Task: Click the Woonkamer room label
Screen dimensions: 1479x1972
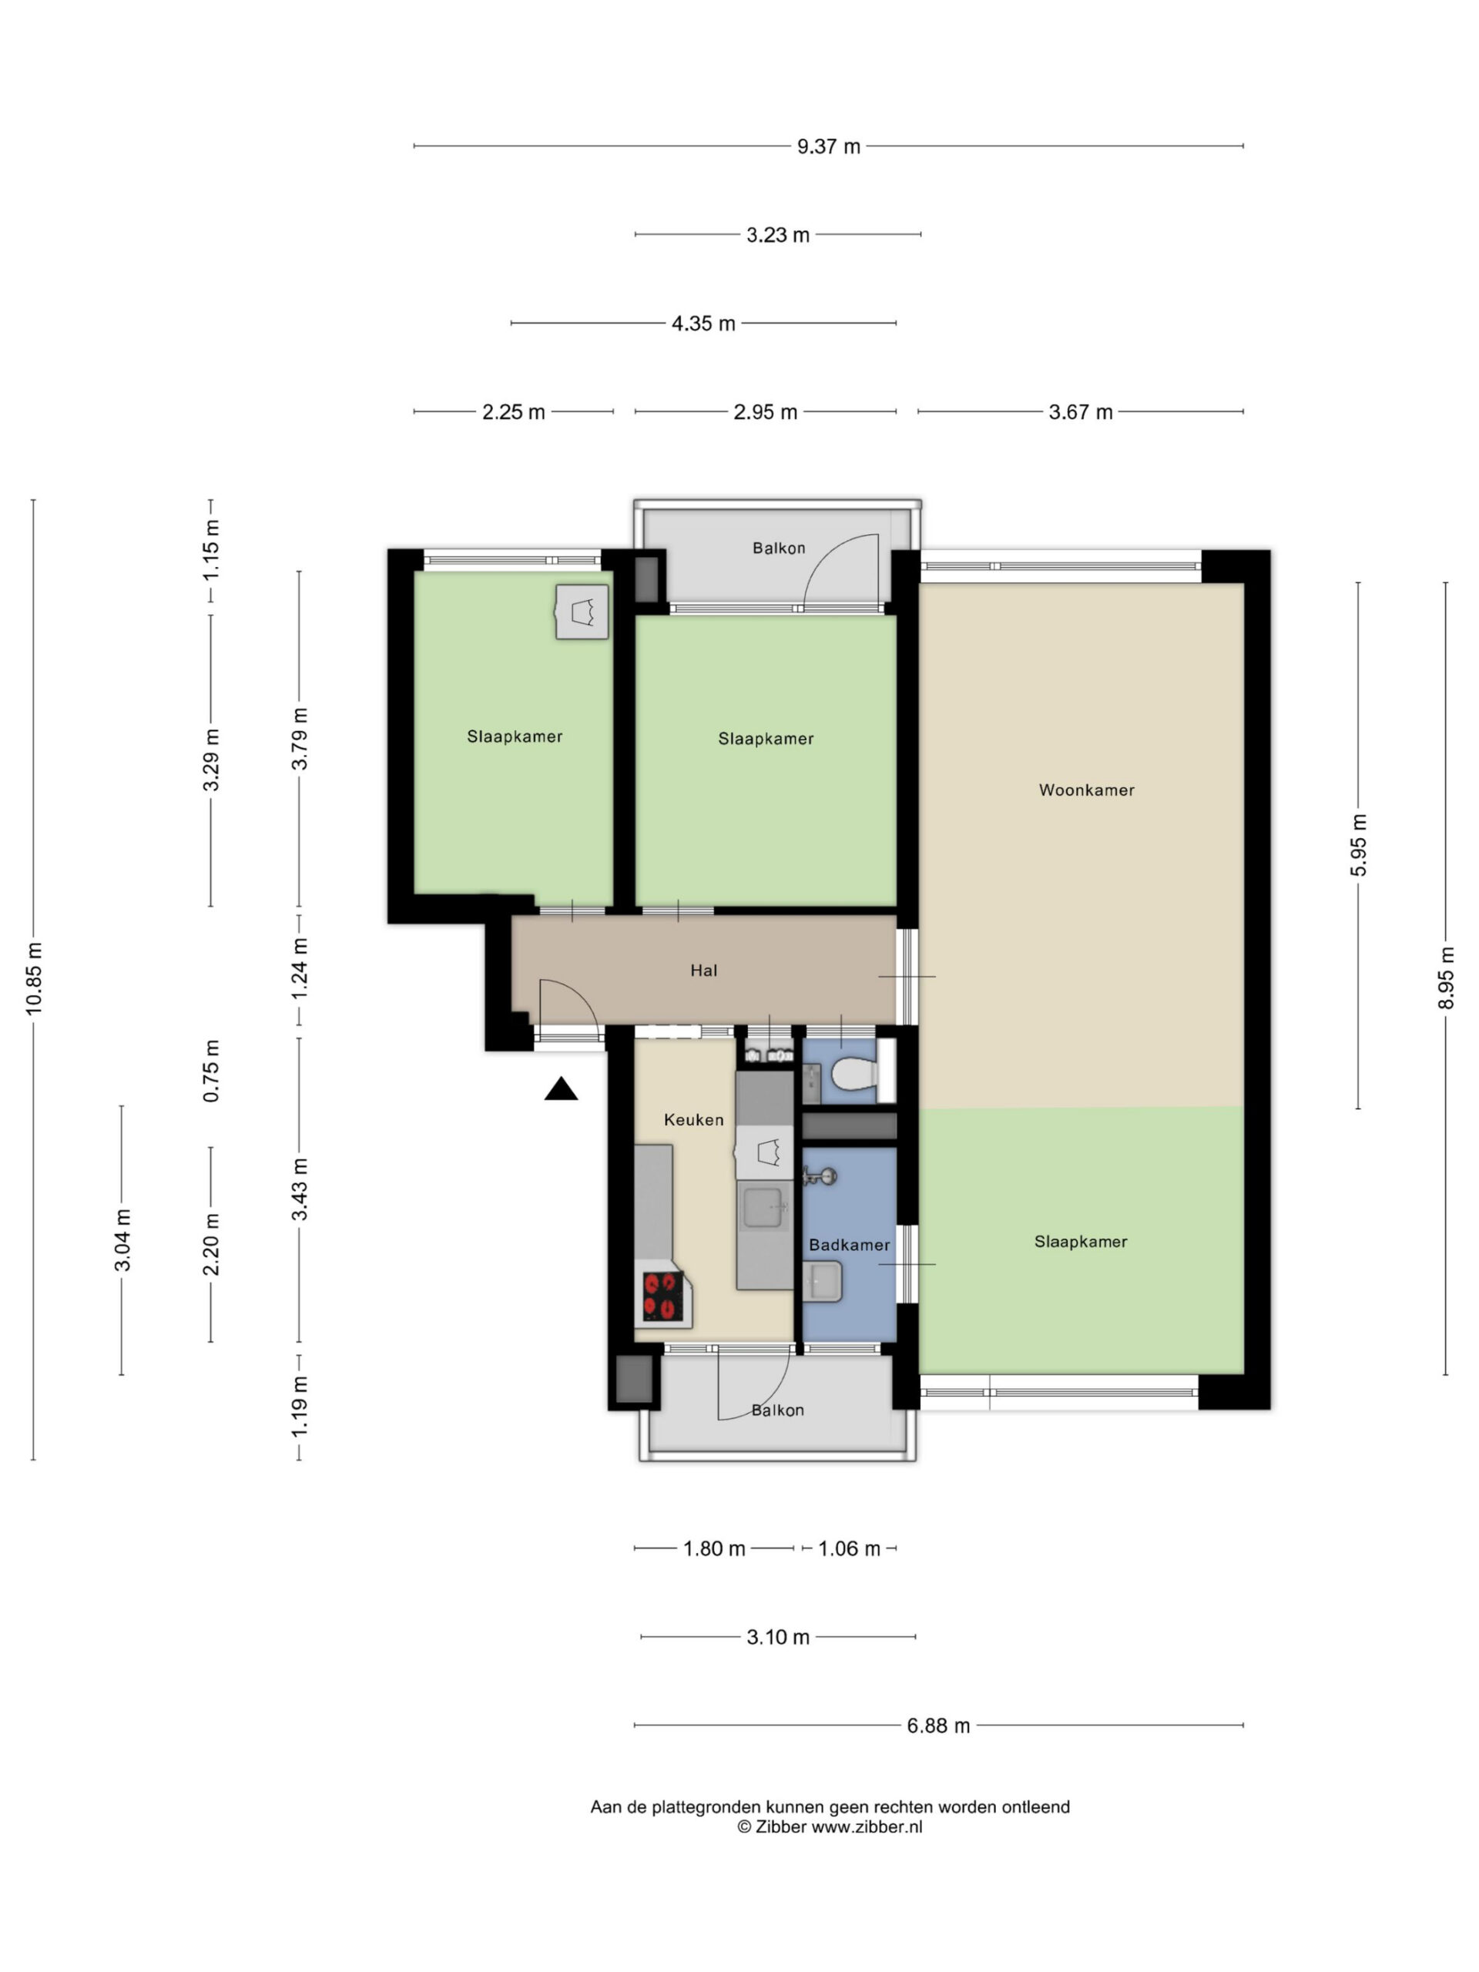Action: pyautogui.click(x=1086, y=790)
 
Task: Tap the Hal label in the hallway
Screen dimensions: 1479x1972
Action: pyautogui.click(x=703, y=970)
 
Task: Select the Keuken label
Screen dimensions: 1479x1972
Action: pyautogui.click(x=693, y=1120)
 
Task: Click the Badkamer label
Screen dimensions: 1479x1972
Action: pyautogui.click(x=849, y=1245)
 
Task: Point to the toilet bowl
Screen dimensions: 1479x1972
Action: pyautogui.click(x=854, y=1075)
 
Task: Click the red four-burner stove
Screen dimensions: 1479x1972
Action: pyautogui.click(x=663, y=1296)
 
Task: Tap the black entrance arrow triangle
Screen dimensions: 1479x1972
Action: pyautogui.click(x=561, y=1088)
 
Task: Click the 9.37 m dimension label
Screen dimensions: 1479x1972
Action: pyautogui.click(x=828, y=146)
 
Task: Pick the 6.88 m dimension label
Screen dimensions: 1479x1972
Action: pyautogui.click(x=938, y=1725)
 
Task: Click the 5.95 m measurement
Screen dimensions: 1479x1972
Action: pyautogui.click(x=1358, y=845)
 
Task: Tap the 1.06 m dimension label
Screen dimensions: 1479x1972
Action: pyautogui.click(x=849, y=1548)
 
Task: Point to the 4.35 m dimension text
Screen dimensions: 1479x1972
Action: pyautogui.click(x=703, y=324)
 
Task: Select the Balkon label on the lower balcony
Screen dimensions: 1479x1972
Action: pyautogui.click(x=777, y=1410)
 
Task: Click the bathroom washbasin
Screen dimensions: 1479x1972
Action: pyautogui.click(x=821, y=1281)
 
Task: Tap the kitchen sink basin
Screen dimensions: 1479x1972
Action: pyautogui.click(x=764, y=1208)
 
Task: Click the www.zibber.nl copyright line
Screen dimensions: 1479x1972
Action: pyautogui.click(x=829, y=1826)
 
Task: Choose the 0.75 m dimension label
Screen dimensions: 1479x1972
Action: pyautogui.click(x=211, y=1071)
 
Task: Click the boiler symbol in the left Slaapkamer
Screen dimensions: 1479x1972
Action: pyautogui.click(x=582, y=612)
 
